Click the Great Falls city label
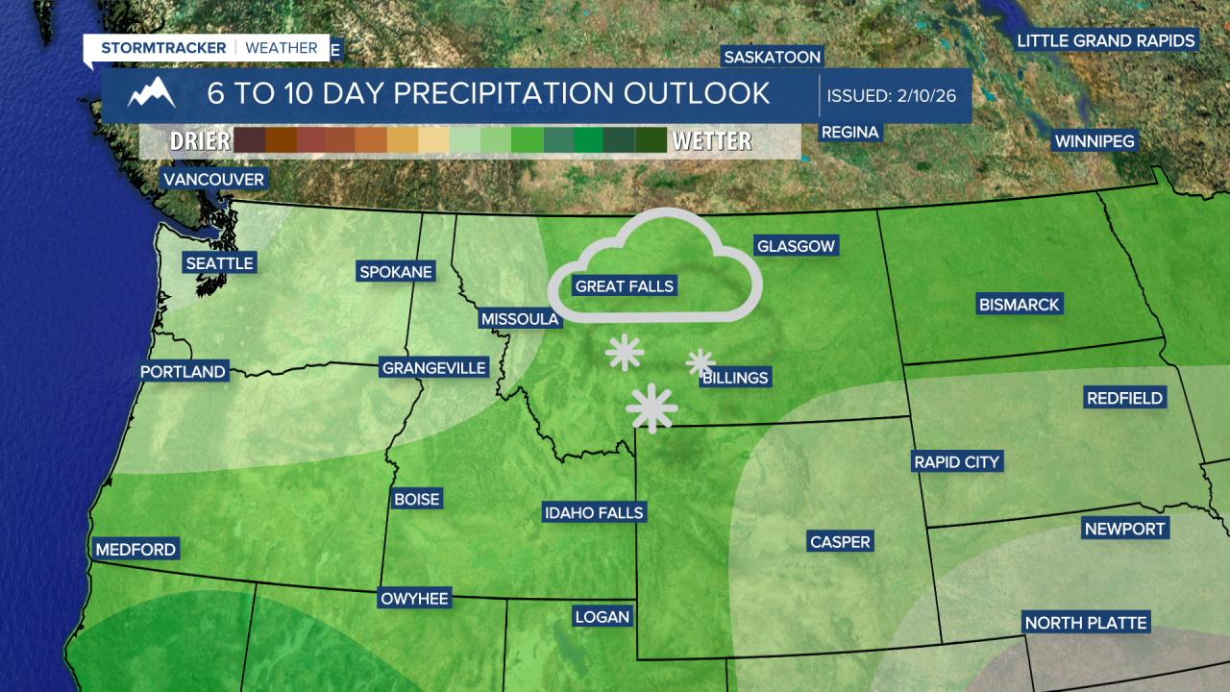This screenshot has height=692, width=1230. (x=625, y=286)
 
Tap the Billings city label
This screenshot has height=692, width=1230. (x=735, y=378)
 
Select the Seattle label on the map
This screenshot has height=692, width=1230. (x=219, y=263)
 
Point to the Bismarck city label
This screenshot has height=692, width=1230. (x=1019, y=305)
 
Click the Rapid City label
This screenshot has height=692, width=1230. (x=956, y=462)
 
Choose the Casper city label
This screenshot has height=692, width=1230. (x=840, y=542)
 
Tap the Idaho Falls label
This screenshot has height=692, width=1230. (x=593, y=512)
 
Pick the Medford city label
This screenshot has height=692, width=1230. (x=135, y=550)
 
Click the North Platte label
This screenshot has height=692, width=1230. (x=1086, y=623)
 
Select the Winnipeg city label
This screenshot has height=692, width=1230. (x=1095, y=141)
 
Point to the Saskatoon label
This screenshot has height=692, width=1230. (x=773, y=57)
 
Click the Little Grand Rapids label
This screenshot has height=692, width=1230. (x=1106, y=40)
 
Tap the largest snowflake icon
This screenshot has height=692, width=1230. (x=652, y=408)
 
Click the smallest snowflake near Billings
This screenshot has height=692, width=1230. (x=700, y=362)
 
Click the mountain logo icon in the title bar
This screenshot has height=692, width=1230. (x=153, y=94)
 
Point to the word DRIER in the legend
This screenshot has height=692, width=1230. (x=200, y=141)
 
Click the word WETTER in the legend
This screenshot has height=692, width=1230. (x=711, y=141)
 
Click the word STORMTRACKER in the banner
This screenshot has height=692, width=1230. (x=163, y=48)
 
